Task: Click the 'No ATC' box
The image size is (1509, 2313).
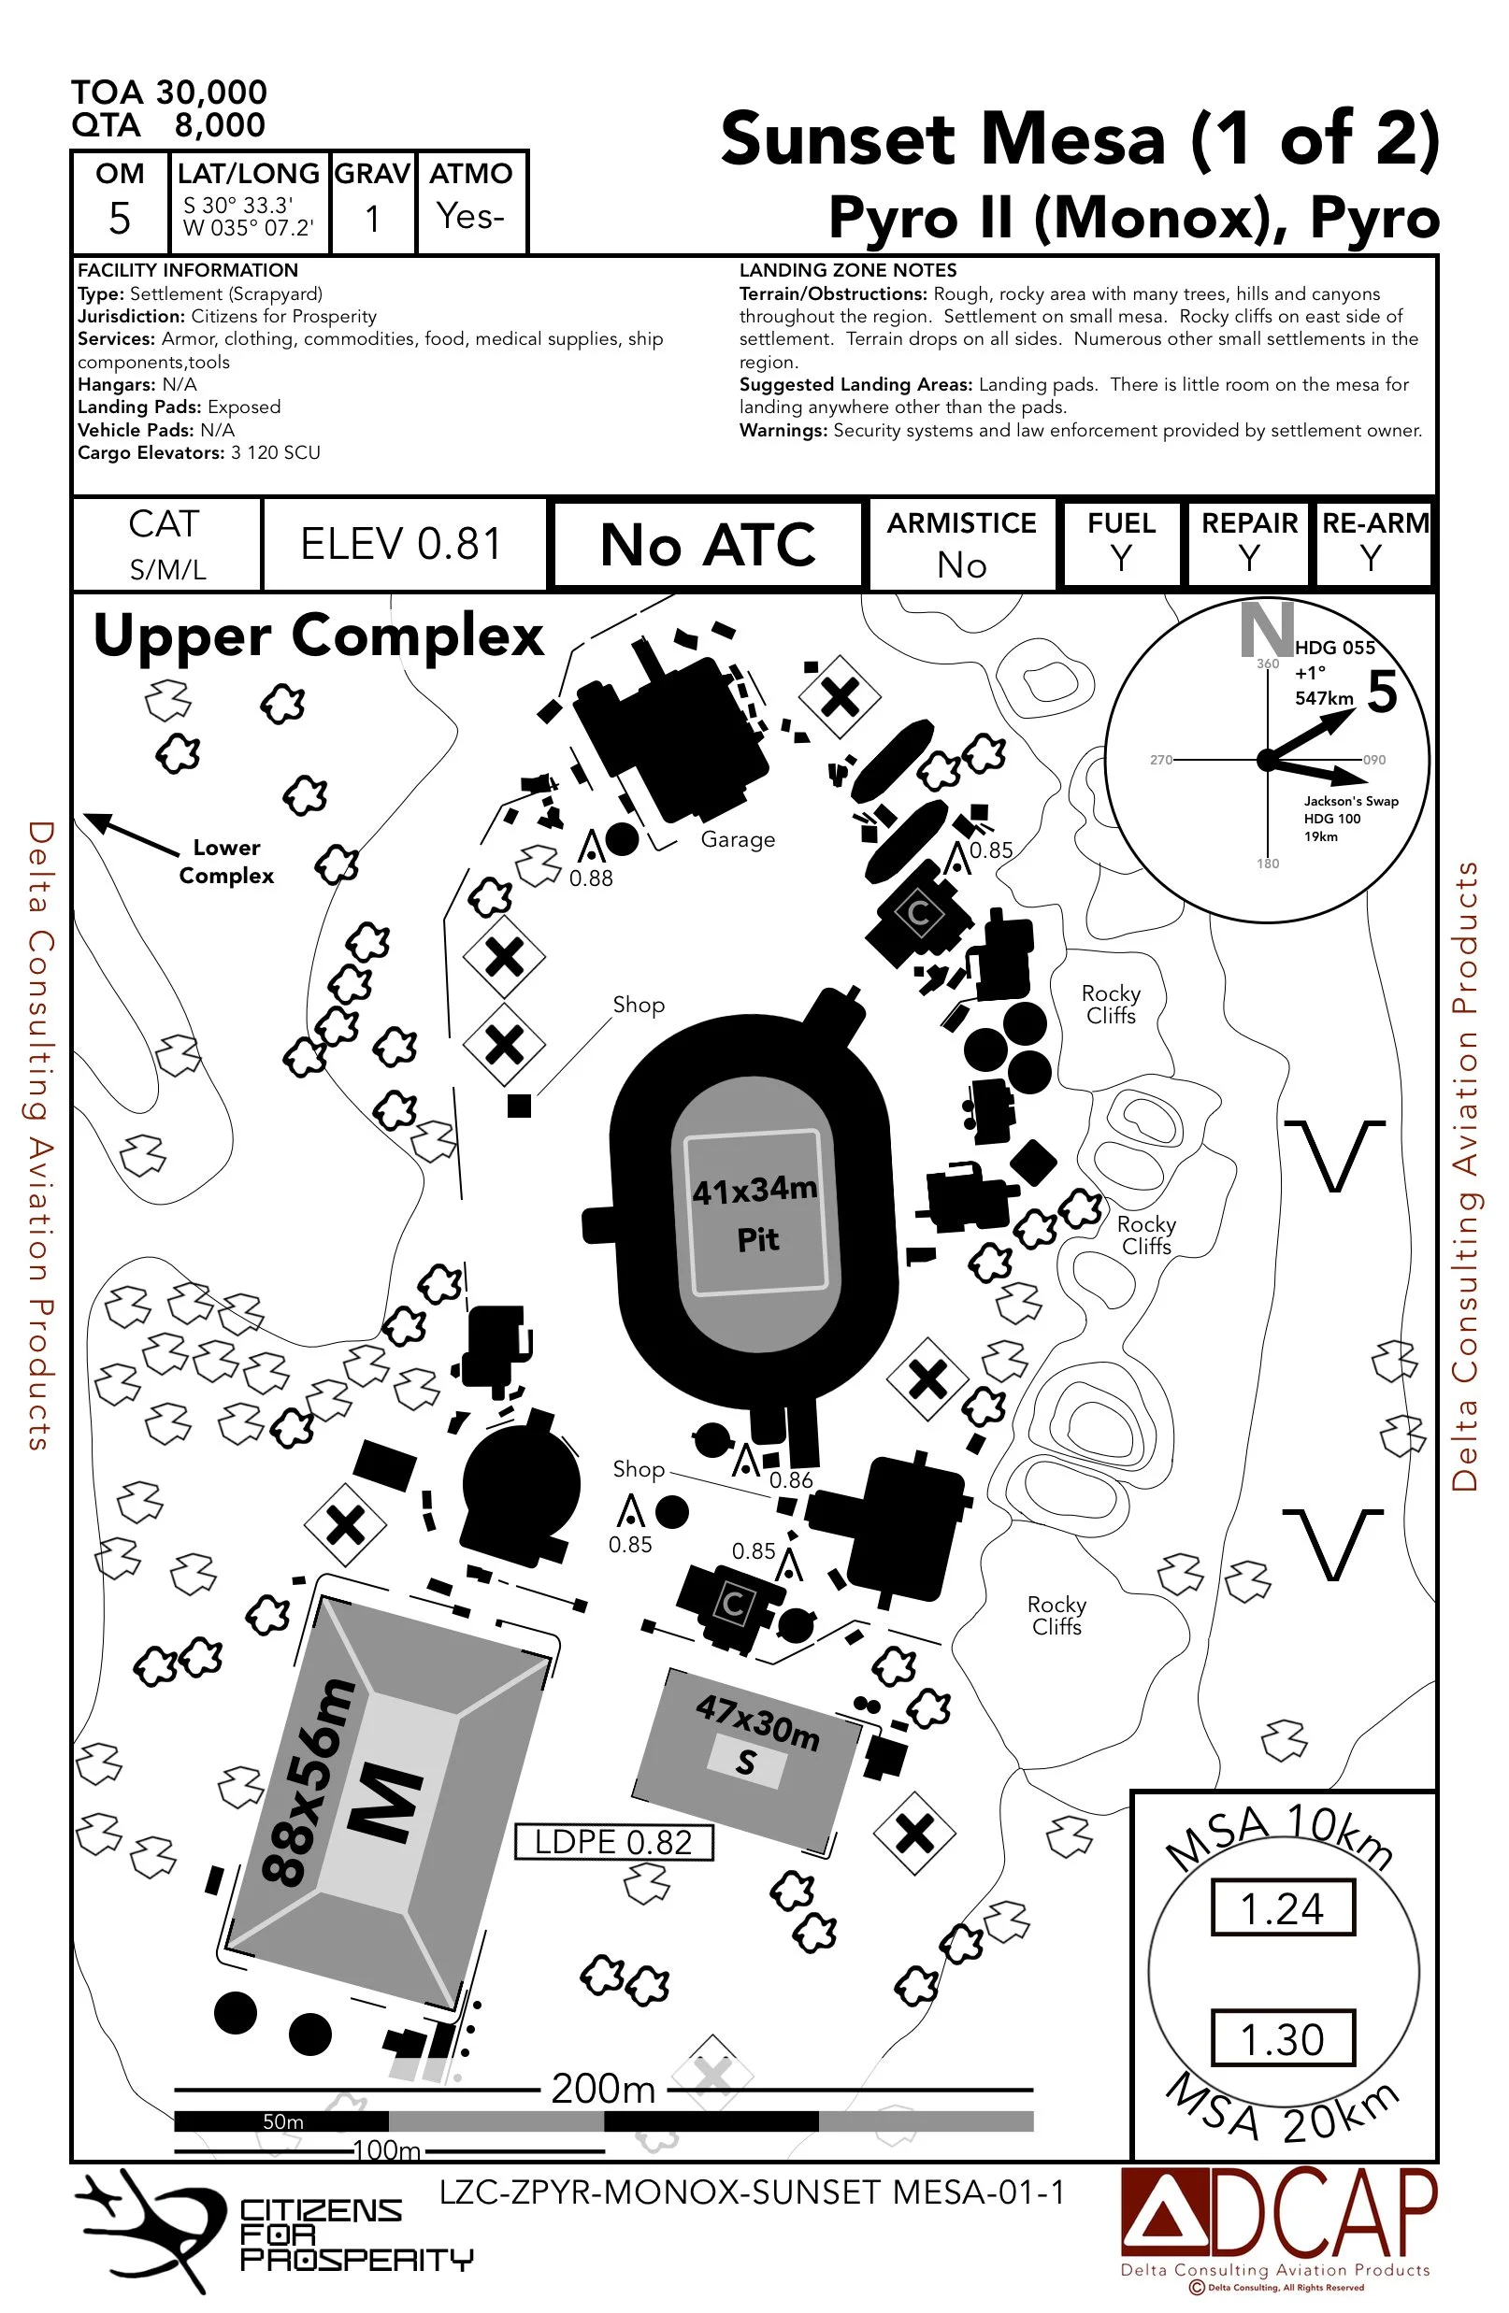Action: click(x=707, y=544)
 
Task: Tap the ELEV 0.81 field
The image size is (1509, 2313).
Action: click(x=401, y=544)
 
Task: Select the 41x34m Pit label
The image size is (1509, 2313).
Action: click(x=755, y=1213)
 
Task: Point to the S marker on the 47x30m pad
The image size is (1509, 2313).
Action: click(x=746, y=1761)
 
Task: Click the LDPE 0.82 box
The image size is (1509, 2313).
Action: click(x=613, y=1842)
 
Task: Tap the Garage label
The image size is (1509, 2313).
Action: click(x=738, y=838)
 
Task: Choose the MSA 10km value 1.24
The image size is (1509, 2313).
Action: click(x=1283, y=1908)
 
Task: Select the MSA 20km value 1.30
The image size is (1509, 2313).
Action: click(x=1283, y=2039)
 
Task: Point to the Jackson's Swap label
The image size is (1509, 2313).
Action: click(x=1350, y=801)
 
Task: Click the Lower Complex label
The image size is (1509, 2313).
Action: click(x=226, y=861)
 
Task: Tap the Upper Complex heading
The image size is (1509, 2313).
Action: click(x=318, y=636)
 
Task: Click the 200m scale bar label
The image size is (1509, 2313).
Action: click(x=603, y=2089)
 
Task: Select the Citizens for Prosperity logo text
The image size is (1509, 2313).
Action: click(x=355, y=2235)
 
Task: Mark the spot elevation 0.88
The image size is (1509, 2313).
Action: click(x=591, y=878)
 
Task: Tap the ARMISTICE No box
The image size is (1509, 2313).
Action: click(x=962, y=544)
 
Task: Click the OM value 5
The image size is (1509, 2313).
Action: click(x=120, y=218)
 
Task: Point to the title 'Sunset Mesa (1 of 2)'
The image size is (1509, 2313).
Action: click(x=1079, y=139)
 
